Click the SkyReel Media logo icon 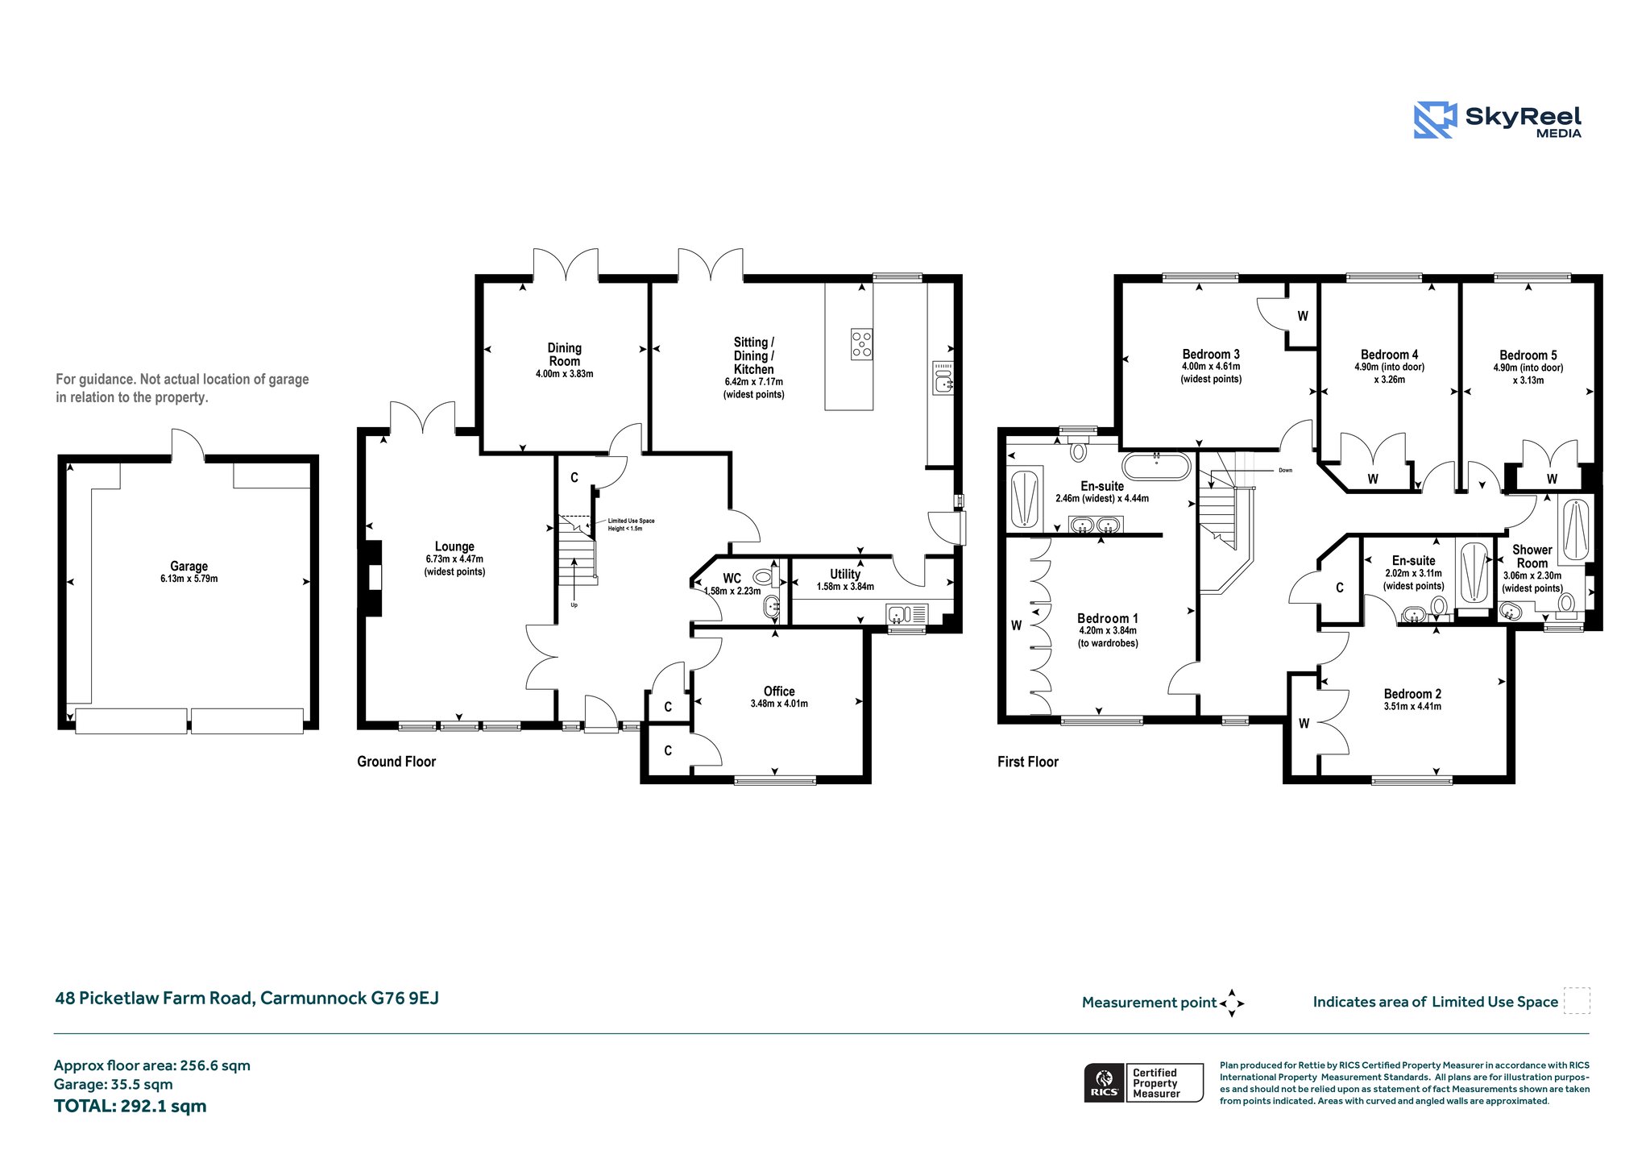pos(1435,120)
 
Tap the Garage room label pos(189,567)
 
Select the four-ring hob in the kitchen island pos(861,344)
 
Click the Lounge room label pos(454,546)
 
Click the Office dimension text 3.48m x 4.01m pos(779,704)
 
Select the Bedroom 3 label pos(1211,354)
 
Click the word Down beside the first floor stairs pos(1285,470)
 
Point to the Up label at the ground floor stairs pos(574,604)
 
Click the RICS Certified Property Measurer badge pos(1143,1082)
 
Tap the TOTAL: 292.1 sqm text pos(131,1106)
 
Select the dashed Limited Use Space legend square pos(1577,1001)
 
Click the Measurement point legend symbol pos(1232,1003)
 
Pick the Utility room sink pos(907,614)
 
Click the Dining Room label pos(564,355)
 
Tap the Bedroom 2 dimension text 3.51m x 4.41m pos(1412,707)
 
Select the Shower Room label pos(1532,556)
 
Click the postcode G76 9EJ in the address pos(404,998)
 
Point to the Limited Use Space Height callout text pos(631,525)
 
